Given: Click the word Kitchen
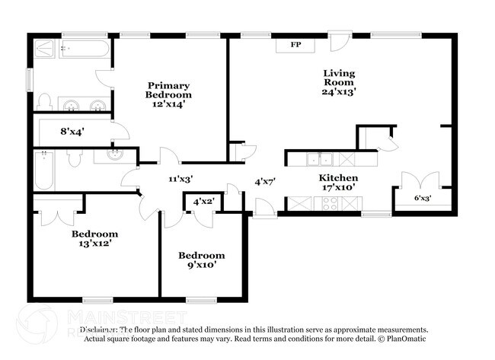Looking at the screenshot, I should coord(338,177).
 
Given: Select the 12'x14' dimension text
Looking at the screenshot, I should coord(169,105).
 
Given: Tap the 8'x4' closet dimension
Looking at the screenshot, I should coord(72,131).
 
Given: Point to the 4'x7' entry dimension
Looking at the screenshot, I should coord(265,181).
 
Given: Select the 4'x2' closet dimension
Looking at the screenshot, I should coord(203,202).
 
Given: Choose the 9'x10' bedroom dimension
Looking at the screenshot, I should coord(202,265).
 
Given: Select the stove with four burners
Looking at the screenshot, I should coord(331,204).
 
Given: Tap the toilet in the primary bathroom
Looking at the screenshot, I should coord(44,102).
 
